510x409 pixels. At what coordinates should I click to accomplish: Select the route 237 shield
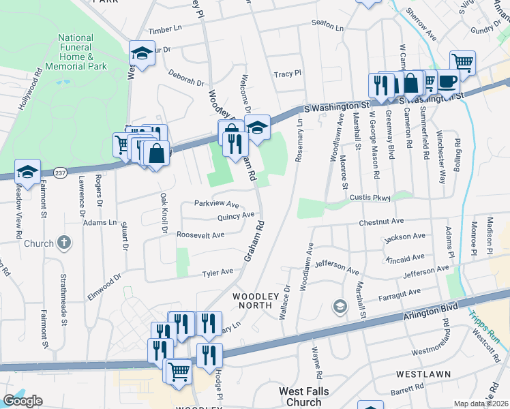pyautogui.click(x=61, y=172)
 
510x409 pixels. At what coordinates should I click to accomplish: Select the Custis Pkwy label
pyautogui.click(x=370, y=198)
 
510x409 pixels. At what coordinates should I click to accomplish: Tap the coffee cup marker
pyautogui.click(x=447, y=81)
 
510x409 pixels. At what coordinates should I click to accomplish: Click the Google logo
pyautogui.click(x=22, y=401)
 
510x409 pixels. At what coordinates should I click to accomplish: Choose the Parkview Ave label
pyautogui.click(x=216, y=204)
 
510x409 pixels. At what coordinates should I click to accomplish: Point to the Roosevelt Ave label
pyautogui.click(x=200, y=234)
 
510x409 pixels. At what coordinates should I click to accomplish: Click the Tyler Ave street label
pyautogui.click(x=217, y=272)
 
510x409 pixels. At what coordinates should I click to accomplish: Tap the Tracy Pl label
pyautogui.click(x=287, y=74)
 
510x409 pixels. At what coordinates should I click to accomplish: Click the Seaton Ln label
pyautogui.click(x=328, y=25)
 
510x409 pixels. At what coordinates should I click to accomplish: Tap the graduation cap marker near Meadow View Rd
pyautogui.click(x=27, y=171)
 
